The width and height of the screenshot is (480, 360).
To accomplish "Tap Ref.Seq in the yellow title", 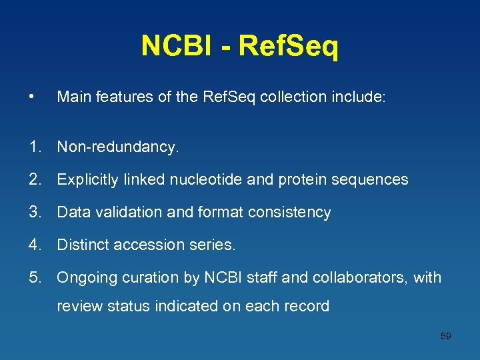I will coord(288,46).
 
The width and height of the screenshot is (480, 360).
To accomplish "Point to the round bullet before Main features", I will coord(33,97).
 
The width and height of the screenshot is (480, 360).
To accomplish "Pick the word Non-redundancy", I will coord(118,147).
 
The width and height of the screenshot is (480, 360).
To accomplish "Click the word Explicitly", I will coord(87,179).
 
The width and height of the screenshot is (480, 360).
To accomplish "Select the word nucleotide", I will coord(200,179).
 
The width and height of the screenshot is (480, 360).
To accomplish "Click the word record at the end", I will coord(306,306).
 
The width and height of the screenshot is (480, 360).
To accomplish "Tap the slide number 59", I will coord(446,336).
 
